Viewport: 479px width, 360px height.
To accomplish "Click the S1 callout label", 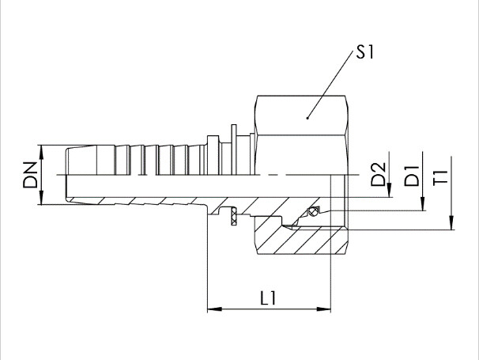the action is point(365,51).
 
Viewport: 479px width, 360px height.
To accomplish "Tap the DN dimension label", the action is point(30,175).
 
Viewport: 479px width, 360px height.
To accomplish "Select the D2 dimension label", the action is point(378,174).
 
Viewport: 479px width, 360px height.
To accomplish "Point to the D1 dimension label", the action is point(412,176).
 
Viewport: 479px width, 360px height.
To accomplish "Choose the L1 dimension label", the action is point(268,298).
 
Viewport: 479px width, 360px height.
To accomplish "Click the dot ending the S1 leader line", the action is point(307,118).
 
